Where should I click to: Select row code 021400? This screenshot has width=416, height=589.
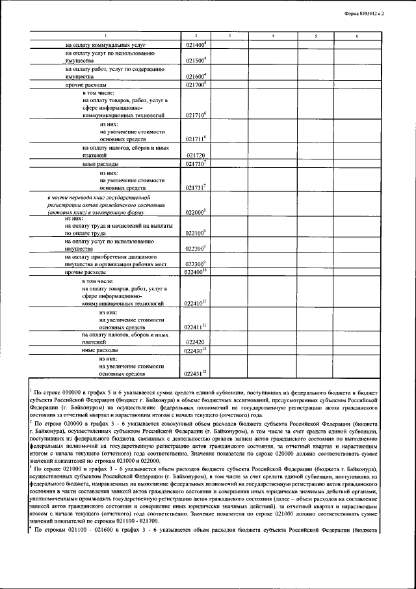coord(195,44)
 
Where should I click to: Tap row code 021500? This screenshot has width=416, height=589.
coord(195,60)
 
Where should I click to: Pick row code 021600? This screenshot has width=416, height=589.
coord(195,76)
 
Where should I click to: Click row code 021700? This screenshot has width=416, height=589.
coord(195,85)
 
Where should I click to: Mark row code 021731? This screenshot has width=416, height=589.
coord(195,187)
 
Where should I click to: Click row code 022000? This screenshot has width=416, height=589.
coord(195,212)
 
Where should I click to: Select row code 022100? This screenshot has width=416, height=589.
coord(195,232)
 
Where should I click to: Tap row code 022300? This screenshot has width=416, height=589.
coord(195,264)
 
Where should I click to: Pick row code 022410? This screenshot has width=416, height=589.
coord(195,303)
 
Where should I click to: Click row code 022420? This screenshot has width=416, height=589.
coord(195,342)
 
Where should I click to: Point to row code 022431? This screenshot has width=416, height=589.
coord(195,374)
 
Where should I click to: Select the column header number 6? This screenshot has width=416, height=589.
coord(357,34)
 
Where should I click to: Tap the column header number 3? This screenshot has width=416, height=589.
coord(230,34)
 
